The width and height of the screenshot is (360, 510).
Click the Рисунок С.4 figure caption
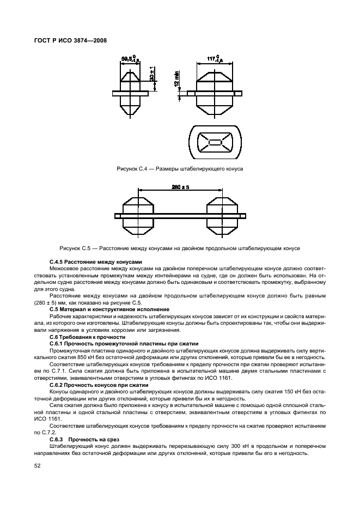pos(180,169)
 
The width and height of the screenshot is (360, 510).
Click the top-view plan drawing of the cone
pos(215,143)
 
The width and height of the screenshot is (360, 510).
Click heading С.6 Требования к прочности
pos(87,337)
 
